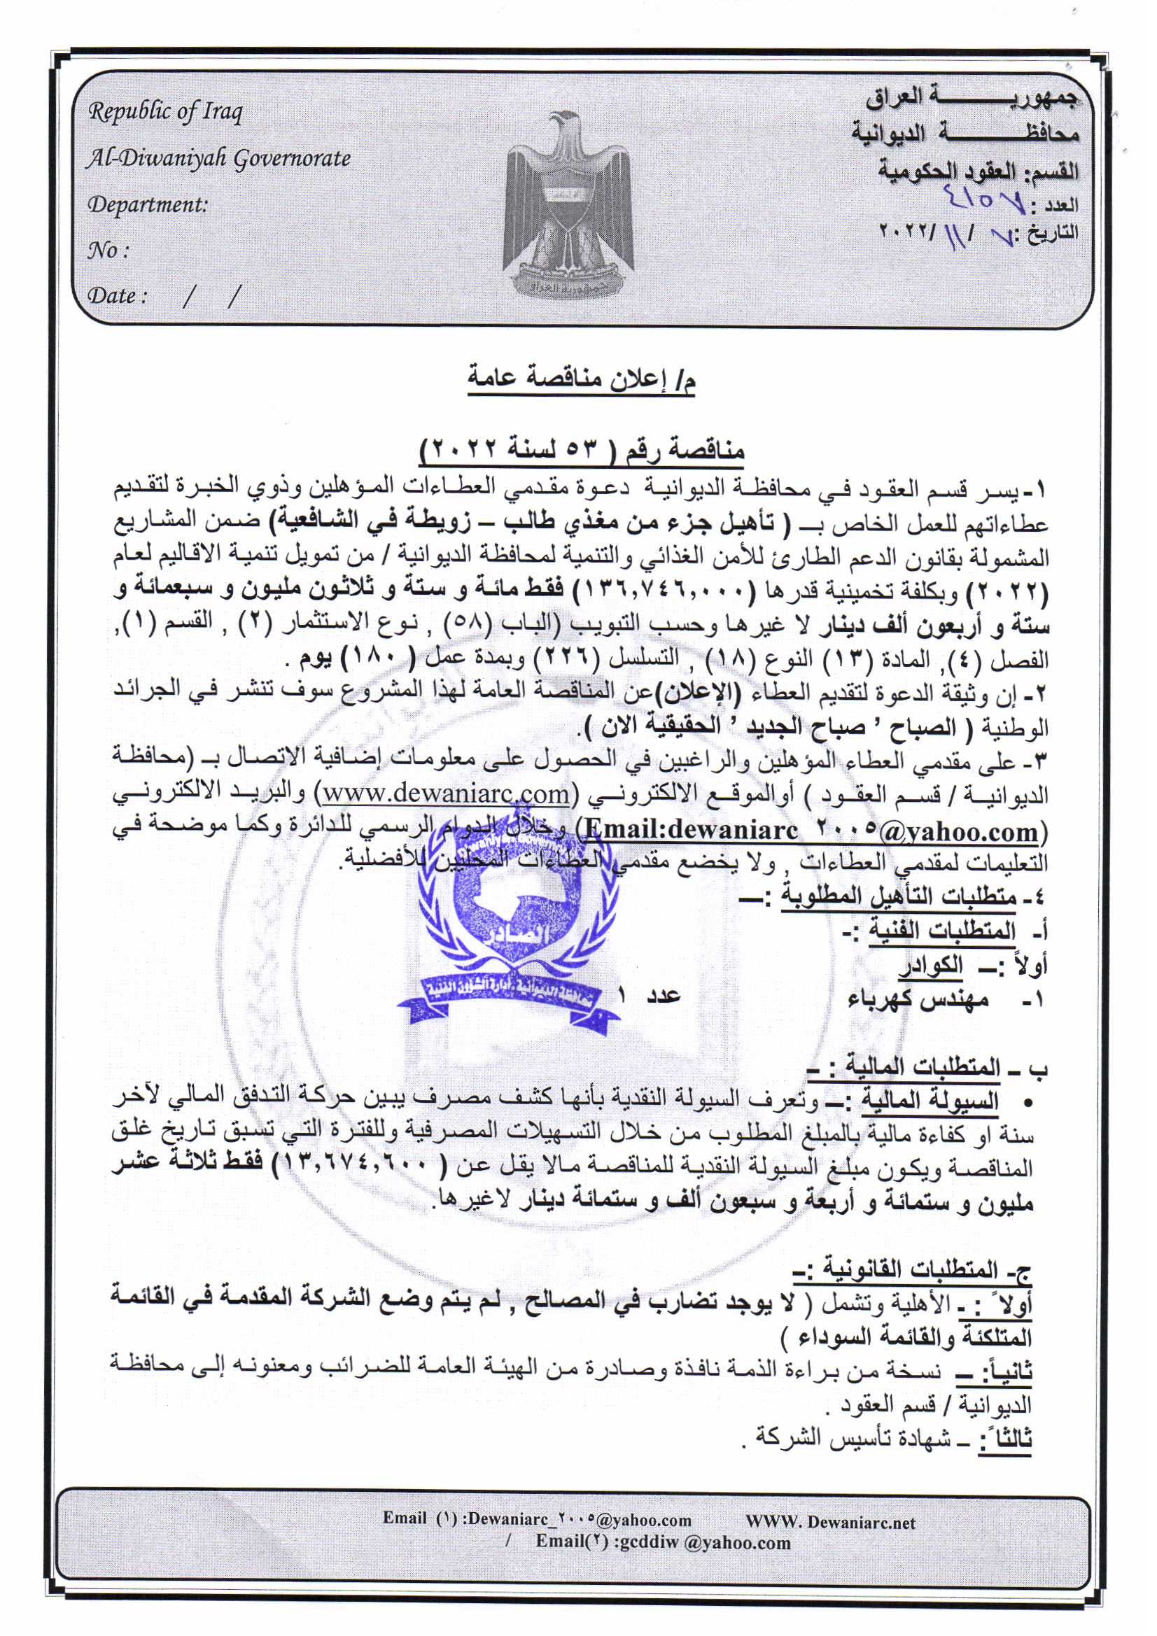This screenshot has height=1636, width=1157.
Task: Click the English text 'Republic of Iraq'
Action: click(164, 112)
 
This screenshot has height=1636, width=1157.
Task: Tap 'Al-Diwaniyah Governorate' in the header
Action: click(218, 158)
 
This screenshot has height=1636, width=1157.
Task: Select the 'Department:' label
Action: click(148, 205)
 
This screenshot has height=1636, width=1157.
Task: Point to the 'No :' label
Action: click(108, 250)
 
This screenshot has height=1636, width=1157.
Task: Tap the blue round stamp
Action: click(510, 926)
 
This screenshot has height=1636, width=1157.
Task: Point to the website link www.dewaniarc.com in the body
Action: click(447, 793)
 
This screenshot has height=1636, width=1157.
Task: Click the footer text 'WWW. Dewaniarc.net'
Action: click(830, 1523)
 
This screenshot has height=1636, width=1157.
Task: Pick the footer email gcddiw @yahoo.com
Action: click(663, 1543)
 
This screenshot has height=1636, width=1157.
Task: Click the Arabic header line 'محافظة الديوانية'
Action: click(965, 132)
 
